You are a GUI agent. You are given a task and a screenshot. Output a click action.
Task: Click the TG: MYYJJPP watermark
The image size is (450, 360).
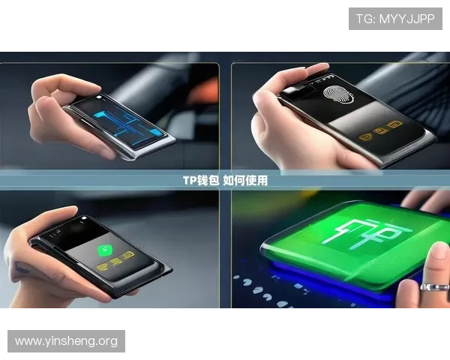pos(395,19)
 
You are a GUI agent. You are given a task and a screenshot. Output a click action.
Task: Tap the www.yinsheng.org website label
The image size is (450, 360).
pos(66,341)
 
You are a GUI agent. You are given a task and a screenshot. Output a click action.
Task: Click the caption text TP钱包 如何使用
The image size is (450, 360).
pos(225,181)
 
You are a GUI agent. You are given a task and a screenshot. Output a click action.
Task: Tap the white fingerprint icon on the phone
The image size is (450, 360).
pos(338,94)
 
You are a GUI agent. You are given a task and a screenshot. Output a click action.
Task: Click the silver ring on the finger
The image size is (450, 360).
pos(435,287)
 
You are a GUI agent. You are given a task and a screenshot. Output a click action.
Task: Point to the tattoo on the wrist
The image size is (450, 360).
pos(22,268)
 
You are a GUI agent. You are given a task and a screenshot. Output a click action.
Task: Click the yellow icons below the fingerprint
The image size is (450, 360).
pos(380,131)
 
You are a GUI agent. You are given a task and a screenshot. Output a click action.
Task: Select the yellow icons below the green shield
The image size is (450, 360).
pos(115,262)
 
